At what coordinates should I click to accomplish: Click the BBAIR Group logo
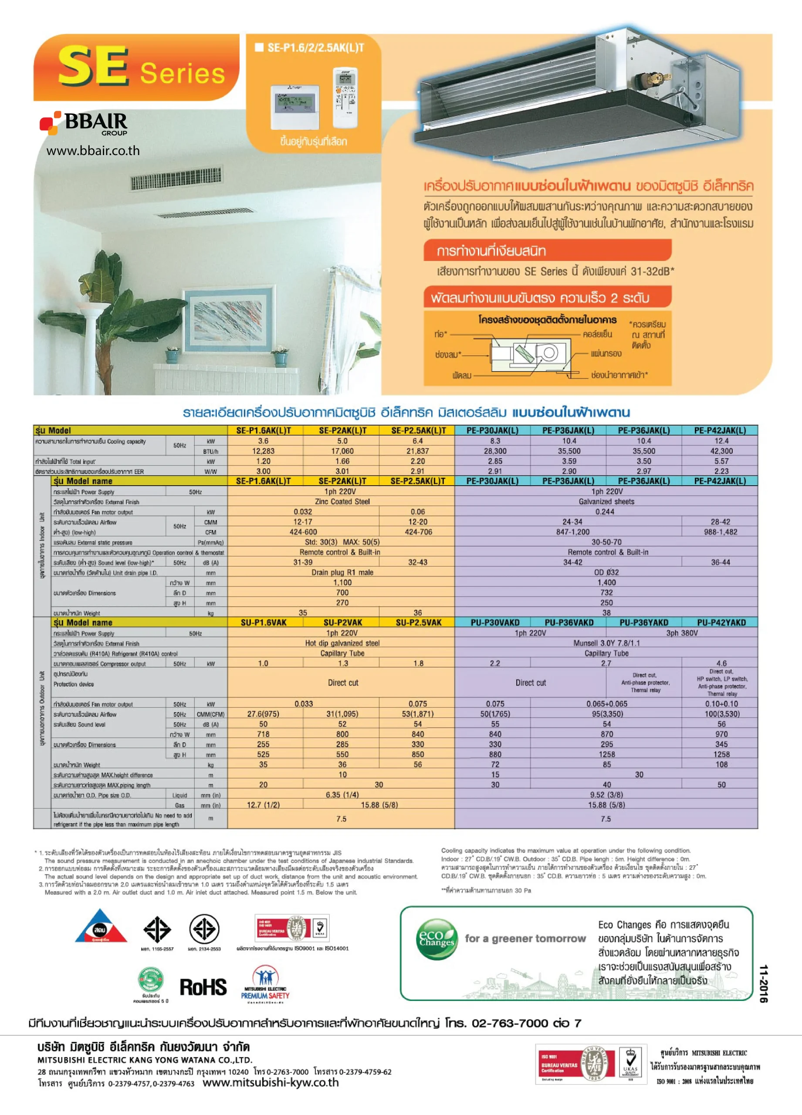pos(84,123)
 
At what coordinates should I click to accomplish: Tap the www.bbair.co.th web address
pos(93,150)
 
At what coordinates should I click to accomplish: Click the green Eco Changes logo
pos(436,939)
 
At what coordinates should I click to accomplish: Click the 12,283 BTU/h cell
pos(263,451)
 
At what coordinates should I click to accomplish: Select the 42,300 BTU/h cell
pos(721,451)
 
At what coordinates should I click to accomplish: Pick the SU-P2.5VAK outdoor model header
pos(419,622)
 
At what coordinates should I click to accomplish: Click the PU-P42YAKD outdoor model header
pos(721,622)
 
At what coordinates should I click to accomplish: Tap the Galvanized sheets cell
pos(606,501)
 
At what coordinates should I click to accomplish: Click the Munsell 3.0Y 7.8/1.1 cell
pos(606,643)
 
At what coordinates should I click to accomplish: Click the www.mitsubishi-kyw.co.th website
pos(271,1083)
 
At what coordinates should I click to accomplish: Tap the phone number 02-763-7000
pos(509,1023)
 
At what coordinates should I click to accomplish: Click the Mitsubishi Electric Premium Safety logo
pos(265,983)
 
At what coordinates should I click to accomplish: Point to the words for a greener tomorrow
pos(525,939)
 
